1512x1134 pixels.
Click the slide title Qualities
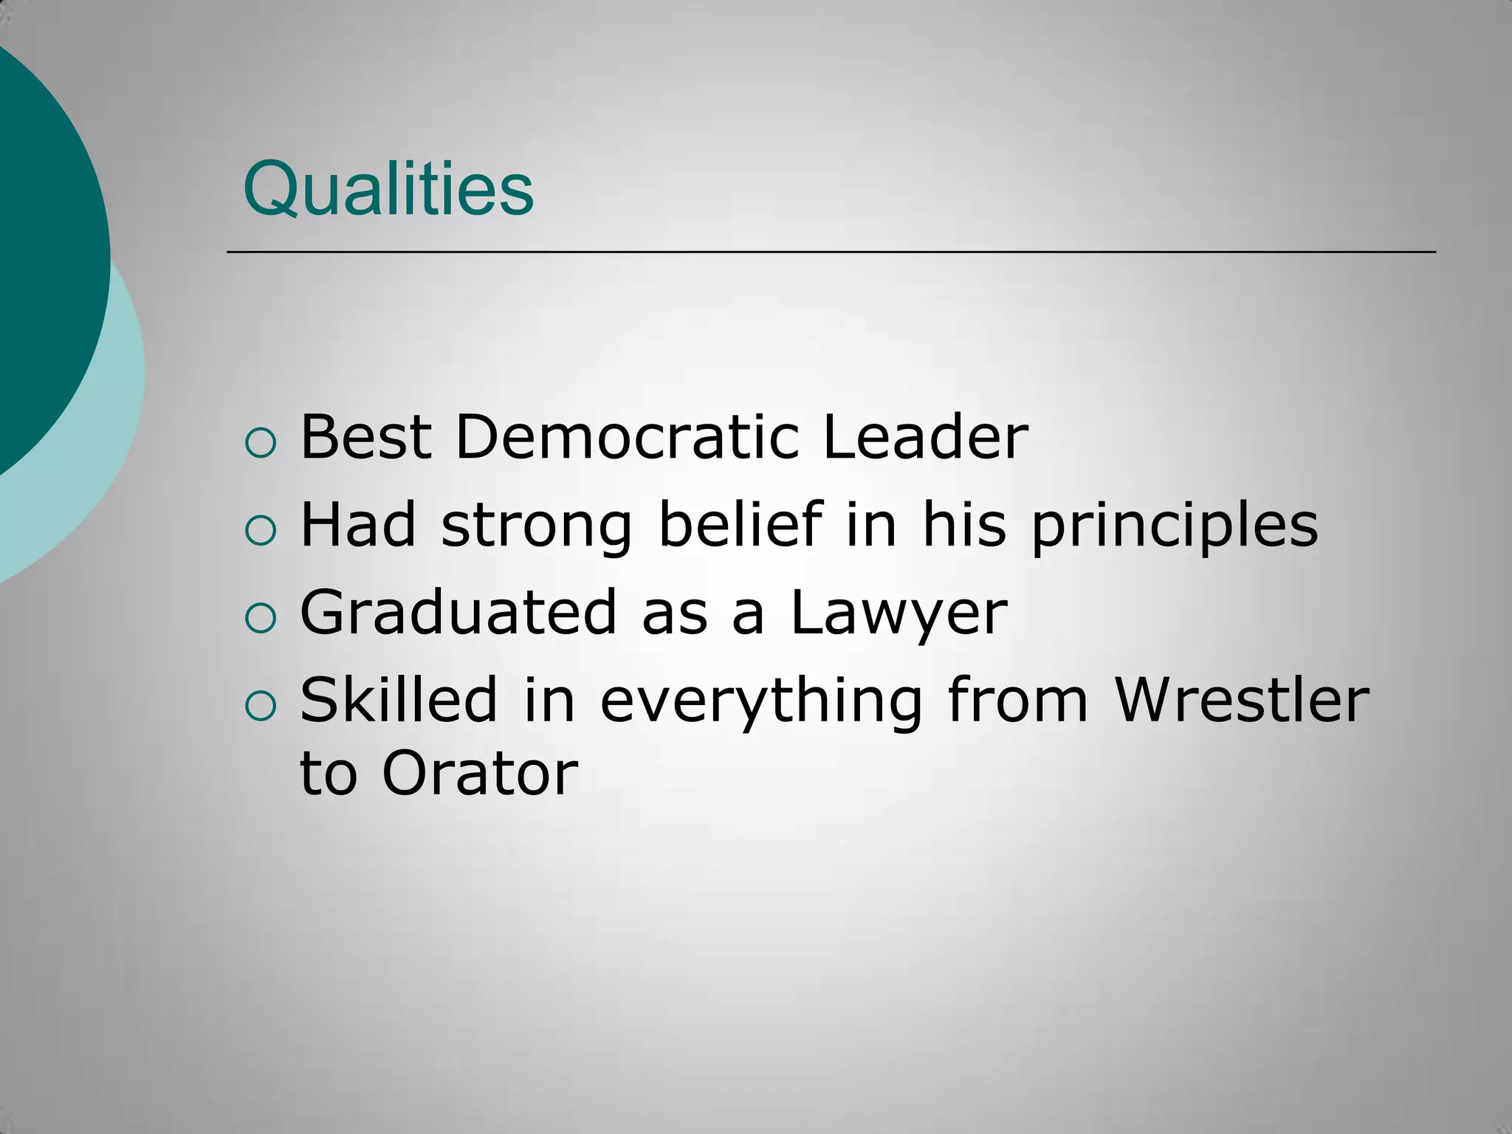click(388, 189)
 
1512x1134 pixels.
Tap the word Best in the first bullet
click(365, 437)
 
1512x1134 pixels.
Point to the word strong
click(537, 527)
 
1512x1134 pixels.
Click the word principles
click(1174, 527)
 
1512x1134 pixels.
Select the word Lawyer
click(898, 614)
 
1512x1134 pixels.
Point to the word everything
click(760, 701)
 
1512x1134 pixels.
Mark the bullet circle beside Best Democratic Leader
click(260, 443)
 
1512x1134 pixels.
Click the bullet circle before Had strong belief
click(260, 531)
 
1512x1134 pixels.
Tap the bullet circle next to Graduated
click(260, 619)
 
